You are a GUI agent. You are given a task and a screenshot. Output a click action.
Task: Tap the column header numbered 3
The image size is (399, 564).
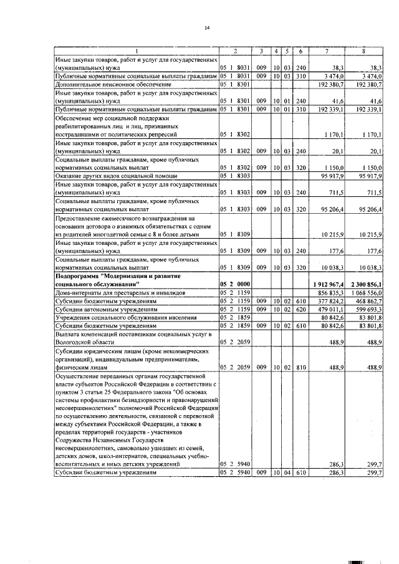pyautogui.click(x=262, y=50)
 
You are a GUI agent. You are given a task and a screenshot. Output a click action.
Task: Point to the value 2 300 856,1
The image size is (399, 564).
pyautogui.click(x=367, y=284)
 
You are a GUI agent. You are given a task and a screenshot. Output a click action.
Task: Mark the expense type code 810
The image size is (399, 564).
pyautogui.click(x=301, y=368)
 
